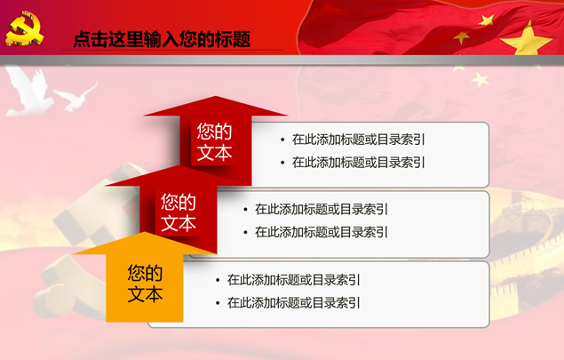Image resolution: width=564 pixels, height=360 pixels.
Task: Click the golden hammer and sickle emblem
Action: pos(24,28)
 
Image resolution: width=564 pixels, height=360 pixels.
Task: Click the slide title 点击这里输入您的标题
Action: pos(162,39)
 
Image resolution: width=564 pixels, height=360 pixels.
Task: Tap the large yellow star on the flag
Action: pos(526,39)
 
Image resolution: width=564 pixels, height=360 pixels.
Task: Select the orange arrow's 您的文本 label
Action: pos(145,284)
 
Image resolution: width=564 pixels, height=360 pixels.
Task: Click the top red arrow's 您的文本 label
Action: pos(214,141)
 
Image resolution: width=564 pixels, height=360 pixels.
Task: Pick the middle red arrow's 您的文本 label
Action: pos(179,212)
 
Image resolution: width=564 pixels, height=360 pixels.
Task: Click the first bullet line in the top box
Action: pos(358,140)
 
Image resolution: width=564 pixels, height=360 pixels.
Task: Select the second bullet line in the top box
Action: pos(358,163)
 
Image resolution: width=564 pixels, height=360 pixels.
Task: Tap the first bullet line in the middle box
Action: pos(322,209)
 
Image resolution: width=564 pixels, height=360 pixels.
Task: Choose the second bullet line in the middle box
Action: pos(322,232)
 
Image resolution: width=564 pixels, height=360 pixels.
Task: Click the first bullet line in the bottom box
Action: pos(293,280)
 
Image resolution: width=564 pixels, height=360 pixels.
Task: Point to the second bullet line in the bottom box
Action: pos(293,303)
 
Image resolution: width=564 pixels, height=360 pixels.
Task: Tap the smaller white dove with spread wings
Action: pos(76,97)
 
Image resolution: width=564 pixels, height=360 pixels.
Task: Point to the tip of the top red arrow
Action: pos(216,96)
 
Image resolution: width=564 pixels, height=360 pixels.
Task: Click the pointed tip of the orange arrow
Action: pos(145,232)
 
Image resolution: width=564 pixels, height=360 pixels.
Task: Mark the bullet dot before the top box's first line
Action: pos(282,140)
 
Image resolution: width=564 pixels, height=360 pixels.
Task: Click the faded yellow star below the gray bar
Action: pos(481,80)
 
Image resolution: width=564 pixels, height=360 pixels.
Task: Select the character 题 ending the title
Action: pos(242,39)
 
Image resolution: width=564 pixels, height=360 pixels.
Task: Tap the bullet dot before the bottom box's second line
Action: pos(218,303)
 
